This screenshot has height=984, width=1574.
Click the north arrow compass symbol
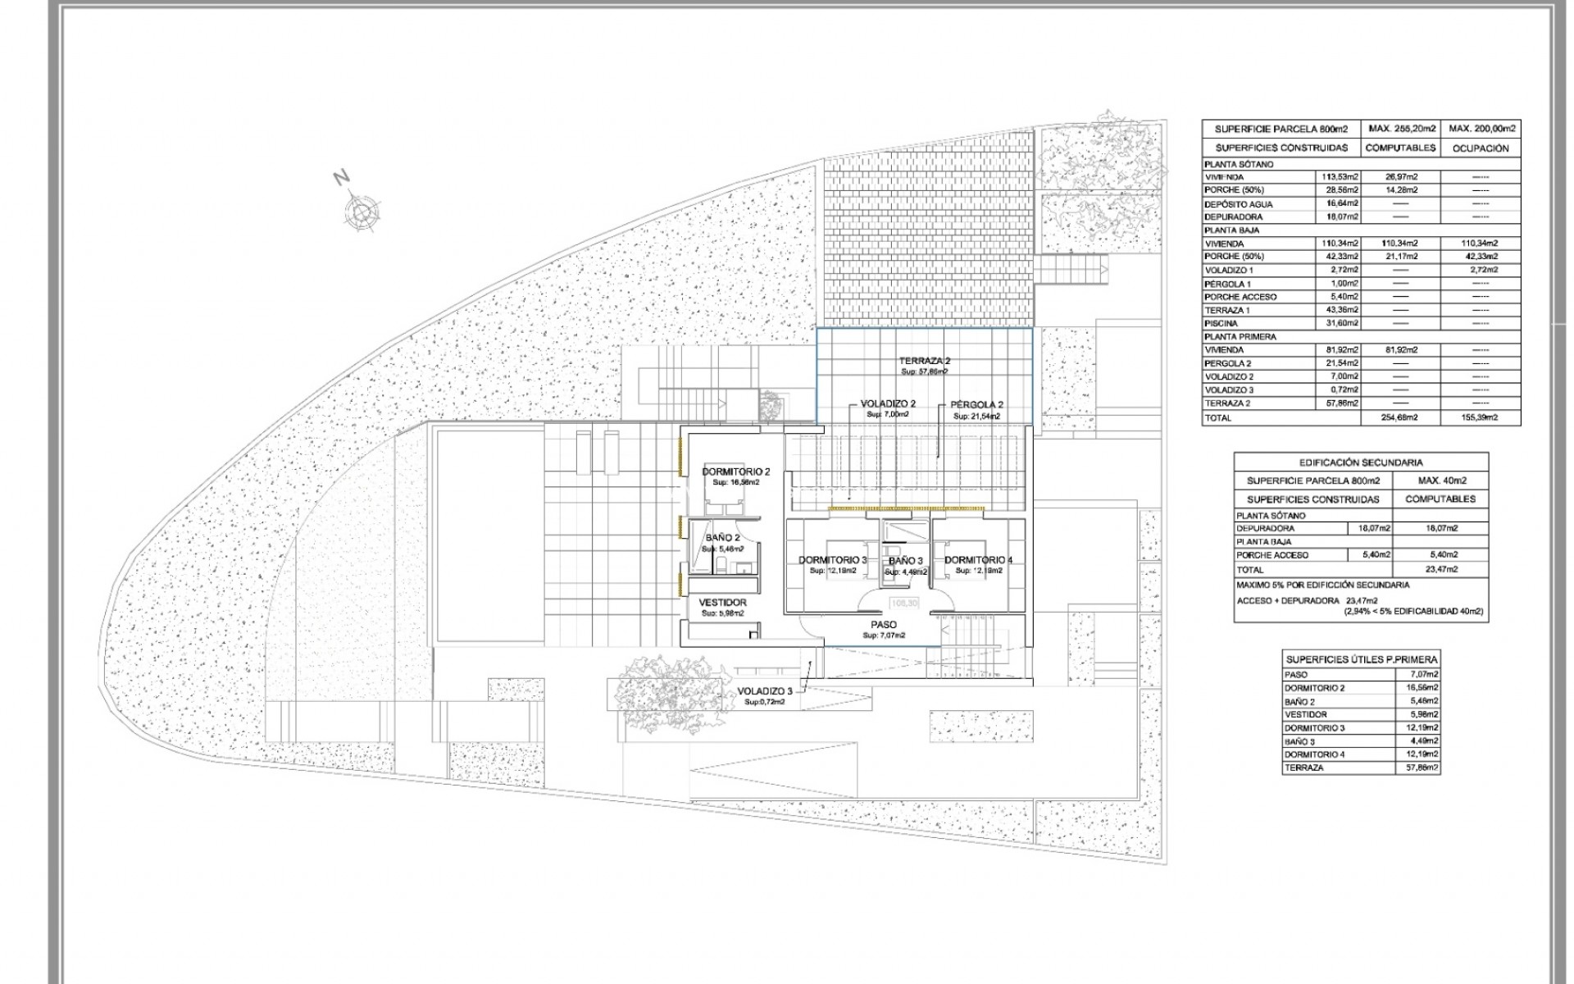(x=361, y=212)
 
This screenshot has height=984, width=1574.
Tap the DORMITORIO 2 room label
(x=736, y=472)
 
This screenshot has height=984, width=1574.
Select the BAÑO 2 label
(x=722, y=538)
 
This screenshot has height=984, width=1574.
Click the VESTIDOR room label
(x=722, y=603)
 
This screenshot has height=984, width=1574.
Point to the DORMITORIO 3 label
(x=832, y=560)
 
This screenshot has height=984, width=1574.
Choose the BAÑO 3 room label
(x=906, y=561)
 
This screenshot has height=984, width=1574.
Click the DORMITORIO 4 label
(x=979, y=560)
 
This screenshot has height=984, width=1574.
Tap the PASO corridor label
(x=884, y=625)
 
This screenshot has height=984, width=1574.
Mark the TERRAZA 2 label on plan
(x=924, y=361)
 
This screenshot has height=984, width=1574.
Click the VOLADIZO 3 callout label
(x=764, y=690)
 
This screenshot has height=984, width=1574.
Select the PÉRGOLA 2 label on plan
(x=977, y=405)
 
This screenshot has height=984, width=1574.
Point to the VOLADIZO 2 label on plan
(x=888, y=403)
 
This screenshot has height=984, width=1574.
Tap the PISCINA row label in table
(x=1222, y=323)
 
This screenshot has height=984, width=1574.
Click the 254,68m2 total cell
(x=1399, y=418)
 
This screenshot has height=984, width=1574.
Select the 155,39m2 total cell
(x=1480, y=418)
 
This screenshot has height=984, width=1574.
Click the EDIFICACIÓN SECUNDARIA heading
(x=1360, y=462)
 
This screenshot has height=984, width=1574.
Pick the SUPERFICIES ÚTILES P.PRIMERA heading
(x=1361, y=659)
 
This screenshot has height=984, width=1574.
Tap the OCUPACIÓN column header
(x=1480, y=148)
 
